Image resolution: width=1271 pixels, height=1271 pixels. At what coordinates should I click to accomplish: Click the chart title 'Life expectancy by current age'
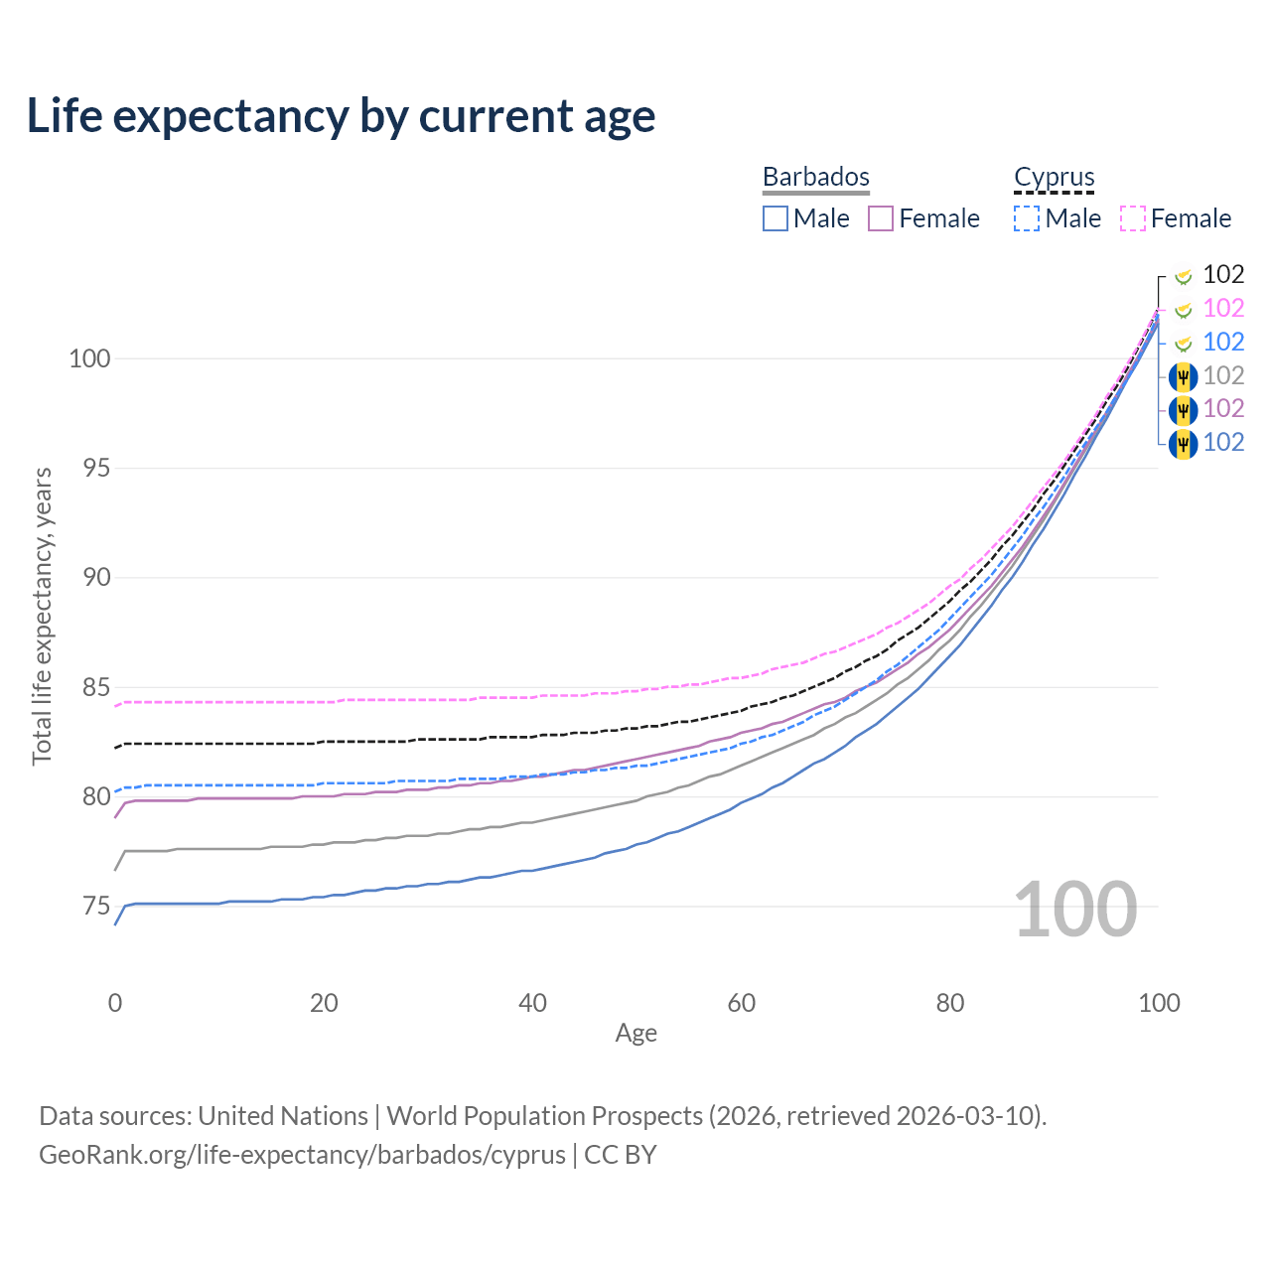pyautogui.click(x=341, y=116)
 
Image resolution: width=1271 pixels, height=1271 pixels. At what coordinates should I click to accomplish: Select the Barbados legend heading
pyautogui.click(x=816, y=177)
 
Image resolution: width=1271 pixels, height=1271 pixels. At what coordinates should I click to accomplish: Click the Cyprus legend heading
pyautogui.click(x=1054, y=177)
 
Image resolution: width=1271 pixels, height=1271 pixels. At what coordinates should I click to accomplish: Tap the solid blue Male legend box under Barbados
pyautogui.click(x=775, y=218)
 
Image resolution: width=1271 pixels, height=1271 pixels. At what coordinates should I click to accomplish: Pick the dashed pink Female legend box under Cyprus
pyautogui.click(x=1133, y=218)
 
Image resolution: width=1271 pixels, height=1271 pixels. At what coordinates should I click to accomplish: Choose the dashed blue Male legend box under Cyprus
pyautogui.click(x=1027, y=218)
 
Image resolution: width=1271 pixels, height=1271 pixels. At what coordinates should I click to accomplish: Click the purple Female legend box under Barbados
pyautogui.click(x=881, y=218)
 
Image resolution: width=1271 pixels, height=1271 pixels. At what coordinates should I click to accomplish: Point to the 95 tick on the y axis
pyautogui.click(x=96, y=469)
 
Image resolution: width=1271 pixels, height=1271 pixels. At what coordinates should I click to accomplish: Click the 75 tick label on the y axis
pyautogui.click(x=96, y=907)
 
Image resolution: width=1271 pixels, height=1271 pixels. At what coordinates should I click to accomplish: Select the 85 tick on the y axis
pyautogui.click(x=96, y=687)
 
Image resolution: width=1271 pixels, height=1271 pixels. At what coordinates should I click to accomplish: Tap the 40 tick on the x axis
pyautogui.click(x=532, y=1003)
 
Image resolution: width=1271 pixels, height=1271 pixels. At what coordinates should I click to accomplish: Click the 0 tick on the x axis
pyautogui.click(x=115, y=1003)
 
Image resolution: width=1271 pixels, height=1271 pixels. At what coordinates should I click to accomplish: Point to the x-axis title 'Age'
pyautogui.click(x=635, y=1033)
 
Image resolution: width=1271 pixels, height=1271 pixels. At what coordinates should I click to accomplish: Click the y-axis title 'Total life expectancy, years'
pyautogui.click(x=42, y=617)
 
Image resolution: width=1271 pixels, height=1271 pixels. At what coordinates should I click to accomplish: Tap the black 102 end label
pyautogui.click(x=1223, y=274)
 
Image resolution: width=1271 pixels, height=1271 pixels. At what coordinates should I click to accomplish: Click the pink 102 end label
pyautogui.click(x=1223, y=308)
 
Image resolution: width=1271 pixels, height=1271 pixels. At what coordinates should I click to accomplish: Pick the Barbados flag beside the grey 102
pyautogui.click(x=1184, y=377)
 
